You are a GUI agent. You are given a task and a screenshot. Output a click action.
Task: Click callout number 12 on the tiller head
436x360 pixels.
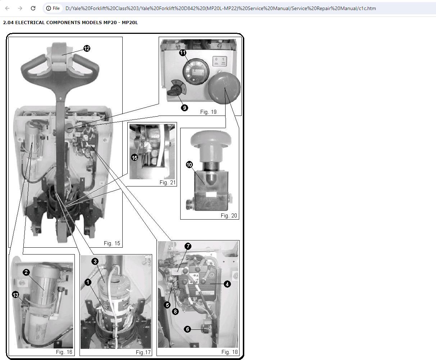pyautogui.click(x=87, y=49)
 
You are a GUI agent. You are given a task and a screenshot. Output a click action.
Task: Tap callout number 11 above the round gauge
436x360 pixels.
pyautogui.click(x=183, y=53)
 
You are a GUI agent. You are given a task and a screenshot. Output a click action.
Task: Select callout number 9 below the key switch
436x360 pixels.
pyautogui.click(x=185, y=108)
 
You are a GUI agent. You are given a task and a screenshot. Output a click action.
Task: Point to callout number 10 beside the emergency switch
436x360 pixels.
pyautogui.click(x=189, y=165)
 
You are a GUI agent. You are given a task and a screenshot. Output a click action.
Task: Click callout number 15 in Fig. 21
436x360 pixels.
pyautogui.click(x=135, y=158)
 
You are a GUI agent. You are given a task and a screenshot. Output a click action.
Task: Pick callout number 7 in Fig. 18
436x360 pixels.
pyautogui.click(x=188, y=246)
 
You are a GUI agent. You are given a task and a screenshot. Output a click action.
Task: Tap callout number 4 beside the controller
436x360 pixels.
pyautogui.click(x=227, y=284)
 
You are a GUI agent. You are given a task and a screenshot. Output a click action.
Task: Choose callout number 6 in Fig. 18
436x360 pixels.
pyautogui.click(x=187, y=329)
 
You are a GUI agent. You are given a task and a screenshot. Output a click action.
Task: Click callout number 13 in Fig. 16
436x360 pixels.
pyautogui.click(x=15, y=295)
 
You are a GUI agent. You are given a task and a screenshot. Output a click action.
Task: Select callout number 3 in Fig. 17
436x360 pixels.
pyautogui.click(x=95, y=261)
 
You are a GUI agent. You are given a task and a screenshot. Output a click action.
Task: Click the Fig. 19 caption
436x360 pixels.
pyautogui.click(x=208, y=112)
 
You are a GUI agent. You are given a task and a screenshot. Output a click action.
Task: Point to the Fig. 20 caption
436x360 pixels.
pyautogui.click(x=229, y=216)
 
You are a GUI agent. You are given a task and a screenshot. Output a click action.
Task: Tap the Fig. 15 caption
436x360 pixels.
pyautogui.click(x=112, y=243)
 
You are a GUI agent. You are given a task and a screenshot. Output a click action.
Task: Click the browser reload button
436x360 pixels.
pyautogui.click(x=33, y=8)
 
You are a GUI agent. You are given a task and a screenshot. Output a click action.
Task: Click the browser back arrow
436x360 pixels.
pyautogui.click(x=7, y=8)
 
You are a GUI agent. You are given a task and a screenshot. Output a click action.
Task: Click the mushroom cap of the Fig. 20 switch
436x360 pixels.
pyautogui.click(x=211, y=138)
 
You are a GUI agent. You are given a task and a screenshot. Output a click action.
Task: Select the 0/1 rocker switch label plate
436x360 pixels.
pyautogui.click(x=219, y=61)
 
